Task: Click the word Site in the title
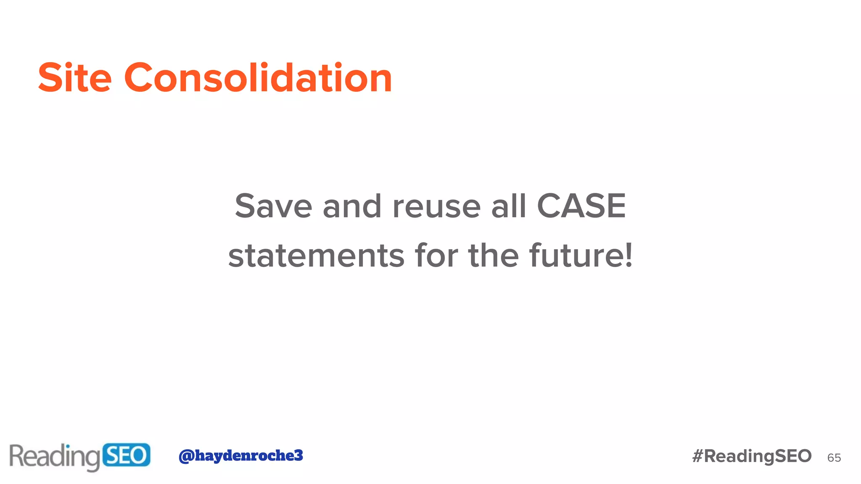pos(75,78)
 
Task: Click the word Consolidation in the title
pos(258,78)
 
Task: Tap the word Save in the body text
pos(273,206)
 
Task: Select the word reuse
pos(436,207)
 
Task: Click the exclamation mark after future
pos(629,255)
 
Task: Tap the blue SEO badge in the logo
pos(126,455)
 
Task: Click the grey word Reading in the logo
pos(55,457)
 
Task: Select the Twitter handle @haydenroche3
pos(240,455)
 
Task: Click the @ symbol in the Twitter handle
pos(186,456)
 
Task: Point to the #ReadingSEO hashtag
pos(752,456)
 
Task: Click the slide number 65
pos(834,458)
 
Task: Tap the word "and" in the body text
pos(352,206)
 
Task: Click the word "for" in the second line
pos(436,255)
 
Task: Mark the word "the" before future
pos(494,255)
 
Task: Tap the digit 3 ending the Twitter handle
pos(298,455)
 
